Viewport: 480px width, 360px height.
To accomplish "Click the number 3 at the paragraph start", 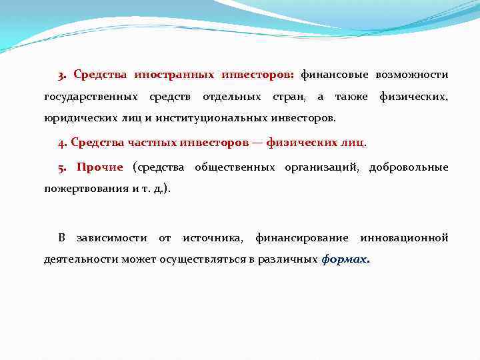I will [61, 75].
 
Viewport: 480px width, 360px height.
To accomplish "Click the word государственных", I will [91, 97].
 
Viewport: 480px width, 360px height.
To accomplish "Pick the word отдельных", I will [231, 97].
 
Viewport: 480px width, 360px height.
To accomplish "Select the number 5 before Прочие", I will [61, 167].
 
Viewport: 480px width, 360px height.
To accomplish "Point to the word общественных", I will [235, 167].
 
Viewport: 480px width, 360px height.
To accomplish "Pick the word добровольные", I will [409, 167].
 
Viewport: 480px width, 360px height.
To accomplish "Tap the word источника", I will [213, 238].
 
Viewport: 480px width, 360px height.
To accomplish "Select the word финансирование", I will [301, 238].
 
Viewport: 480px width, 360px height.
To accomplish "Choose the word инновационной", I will [404, 238].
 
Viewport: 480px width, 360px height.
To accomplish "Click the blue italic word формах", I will [344, 260].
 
